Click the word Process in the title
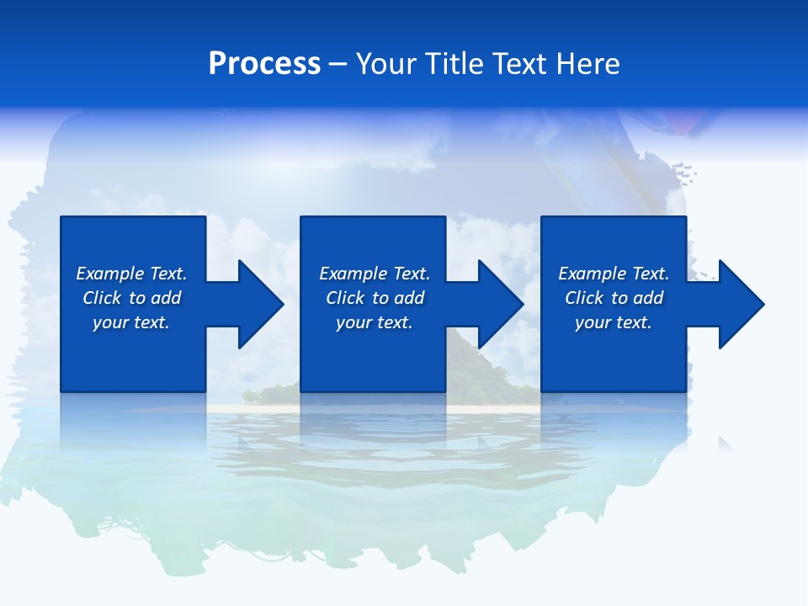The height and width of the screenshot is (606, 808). pyautogui.click(x=264, y=64)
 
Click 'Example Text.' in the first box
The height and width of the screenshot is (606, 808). pyautogui.click(x=131, y=274)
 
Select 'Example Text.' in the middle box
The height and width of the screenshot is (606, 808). pyautogui.click(x=375, y=274)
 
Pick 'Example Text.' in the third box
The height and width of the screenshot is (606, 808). pyautogui.click(x=614, y=274)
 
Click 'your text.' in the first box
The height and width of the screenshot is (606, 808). pyautogui.click(x=131, y=322)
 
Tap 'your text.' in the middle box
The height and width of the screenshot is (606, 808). pyautogui.click(x=375, y=322)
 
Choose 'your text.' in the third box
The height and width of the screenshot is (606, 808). pyautogui.click(x=614, y=322)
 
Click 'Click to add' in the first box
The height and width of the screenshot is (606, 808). pyautogui.click(x=131, y=298)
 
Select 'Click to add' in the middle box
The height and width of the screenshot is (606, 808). pyautogui.click(x=375, y=298)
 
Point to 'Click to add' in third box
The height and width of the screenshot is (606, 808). pyautogui.click(x=614, y=298)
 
